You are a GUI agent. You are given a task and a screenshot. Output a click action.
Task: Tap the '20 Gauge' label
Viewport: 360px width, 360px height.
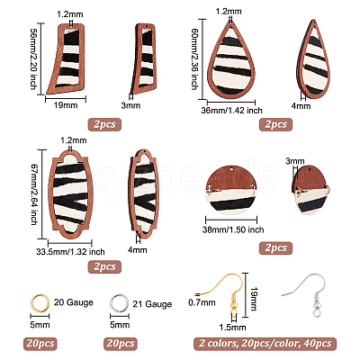[74, 302]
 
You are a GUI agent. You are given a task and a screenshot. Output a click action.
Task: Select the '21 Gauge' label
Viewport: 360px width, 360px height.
[152, 304]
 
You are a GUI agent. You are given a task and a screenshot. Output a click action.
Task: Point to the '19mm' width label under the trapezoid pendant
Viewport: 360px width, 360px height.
[66, 105]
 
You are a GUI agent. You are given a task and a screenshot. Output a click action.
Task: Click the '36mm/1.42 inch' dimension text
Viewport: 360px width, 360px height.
[231, 111]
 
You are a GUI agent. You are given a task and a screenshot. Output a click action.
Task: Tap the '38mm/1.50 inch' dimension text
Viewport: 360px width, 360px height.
[233, 229]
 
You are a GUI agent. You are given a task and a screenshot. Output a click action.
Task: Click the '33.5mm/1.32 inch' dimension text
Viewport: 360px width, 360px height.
[70, 251]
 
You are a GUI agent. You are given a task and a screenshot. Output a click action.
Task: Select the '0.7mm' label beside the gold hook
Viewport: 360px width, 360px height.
[202, 302]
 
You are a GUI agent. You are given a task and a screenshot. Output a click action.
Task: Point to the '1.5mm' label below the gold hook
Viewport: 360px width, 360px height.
[232, 327]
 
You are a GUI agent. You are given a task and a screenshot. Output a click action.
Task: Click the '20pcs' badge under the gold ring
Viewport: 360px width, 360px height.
[40, 344]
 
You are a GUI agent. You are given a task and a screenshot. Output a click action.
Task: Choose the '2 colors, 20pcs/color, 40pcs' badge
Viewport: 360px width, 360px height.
[265, 344]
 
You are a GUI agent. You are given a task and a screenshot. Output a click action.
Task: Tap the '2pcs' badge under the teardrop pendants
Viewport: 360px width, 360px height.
[275, 124]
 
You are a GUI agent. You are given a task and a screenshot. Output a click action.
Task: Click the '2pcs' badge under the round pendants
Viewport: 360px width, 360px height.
[275, 247]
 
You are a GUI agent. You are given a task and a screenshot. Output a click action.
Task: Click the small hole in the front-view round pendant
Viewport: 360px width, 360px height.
[232, 169]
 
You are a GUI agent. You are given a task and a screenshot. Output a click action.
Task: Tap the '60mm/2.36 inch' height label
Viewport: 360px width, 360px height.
[194, 59]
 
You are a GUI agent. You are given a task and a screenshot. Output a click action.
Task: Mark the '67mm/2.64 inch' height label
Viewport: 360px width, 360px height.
[33, 194]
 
